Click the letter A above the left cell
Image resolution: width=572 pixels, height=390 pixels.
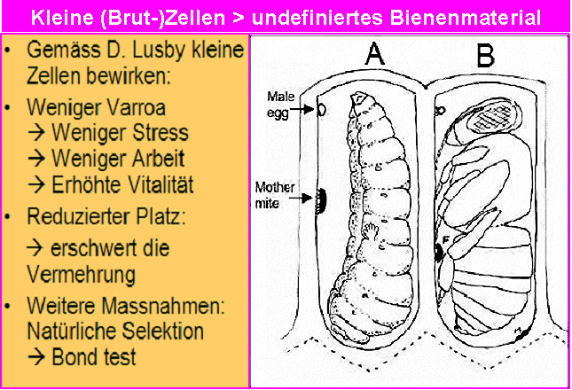375,56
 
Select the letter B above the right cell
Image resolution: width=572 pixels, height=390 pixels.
485,55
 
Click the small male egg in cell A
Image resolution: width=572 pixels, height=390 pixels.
323,110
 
